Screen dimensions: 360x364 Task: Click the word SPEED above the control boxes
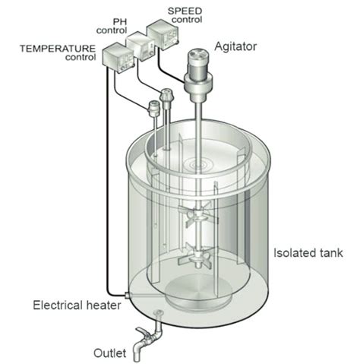pyautogui.click(x=185, y=11)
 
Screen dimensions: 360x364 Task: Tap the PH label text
pyautogui.click(x=120, y=22)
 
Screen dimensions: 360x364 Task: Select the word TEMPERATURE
pyautogui.click(x=58, y=49)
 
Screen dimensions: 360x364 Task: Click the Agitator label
pyautogui.click(x=235, y=47)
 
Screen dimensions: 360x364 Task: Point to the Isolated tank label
pyautogui.click(x=308, y=253)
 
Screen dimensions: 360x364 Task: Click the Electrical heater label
pyautogui.click(x=77, y=305)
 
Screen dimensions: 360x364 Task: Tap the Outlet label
pyautogui.click(x=110, y=353)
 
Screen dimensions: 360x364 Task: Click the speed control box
pyautogui.click(x=163, y=36)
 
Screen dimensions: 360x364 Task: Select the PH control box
pyautogui.click(x=141, y=46)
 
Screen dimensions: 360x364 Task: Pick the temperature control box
pyautogui.click(x=118, y=59)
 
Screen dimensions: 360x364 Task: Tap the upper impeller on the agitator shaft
pyautogui.click(x=198, y=215)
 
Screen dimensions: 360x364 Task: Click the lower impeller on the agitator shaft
pyautogui.click(x=198, y=256)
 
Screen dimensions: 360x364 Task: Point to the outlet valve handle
pyautogui.click(x=142, y=332)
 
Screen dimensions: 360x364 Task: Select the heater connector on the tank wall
pyautogui.click(x=128, y=295)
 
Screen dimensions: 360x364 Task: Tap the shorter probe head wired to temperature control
pyautogui.click(x=153, y=109)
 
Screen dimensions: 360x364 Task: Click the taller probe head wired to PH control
pyautogui.click(x=166, y=95)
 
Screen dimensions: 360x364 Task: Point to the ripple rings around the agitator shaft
pyautogui.click(x=198, y=164)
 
